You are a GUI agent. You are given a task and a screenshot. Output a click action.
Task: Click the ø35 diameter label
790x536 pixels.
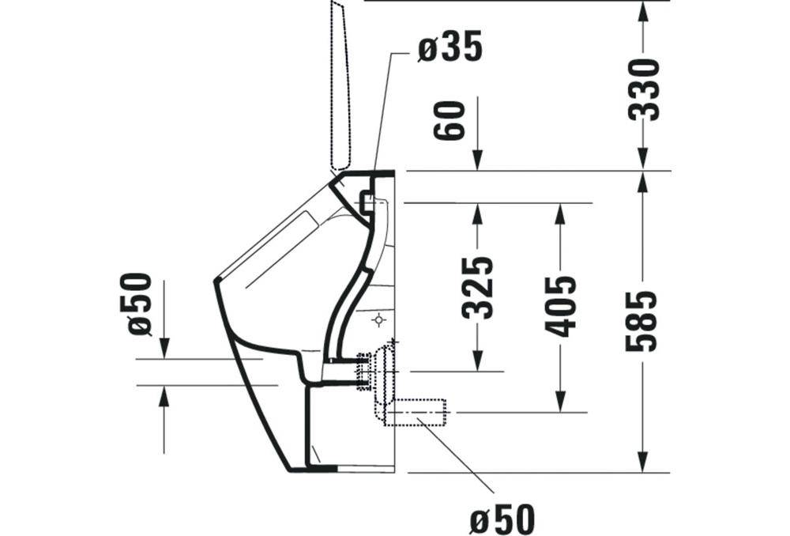click(450, 49)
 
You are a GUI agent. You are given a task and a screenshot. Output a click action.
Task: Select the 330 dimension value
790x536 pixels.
click(644, 89)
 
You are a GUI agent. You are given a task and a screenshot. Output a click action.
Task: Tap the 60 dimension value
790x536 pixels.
click(450, 119)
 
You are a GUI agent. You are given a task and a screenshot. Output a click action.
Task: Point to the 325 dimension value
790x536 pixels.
click(477, 287)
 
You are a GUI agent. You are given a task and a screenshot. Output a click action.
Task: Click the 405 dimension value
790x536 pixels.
click(561, 306)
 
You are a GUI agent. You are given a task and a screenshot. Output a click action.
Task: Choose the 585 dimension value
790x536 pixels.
click(641, 320)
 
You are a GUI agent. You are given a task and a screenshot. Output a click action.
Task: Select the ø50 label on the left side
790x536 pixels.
click(140, 304)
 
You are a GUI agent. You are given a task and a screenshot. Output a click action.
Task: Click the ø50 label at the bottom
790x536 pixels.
click(502, 519)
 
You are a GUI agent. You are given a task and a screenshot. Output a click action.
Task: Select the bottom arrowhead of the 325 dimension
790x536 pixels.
click(477, 360)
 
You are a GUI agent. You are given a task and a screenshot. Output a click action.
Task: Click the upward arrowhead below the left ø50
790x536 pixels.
click(164, 396)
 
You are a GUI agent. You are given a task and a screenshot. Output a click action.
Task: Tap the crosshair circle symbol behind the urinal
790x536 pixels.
click(379, 319)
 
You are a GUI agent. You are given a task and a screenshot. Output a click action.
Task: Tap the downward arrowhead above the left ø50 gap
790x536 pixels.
click(164, 348)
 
